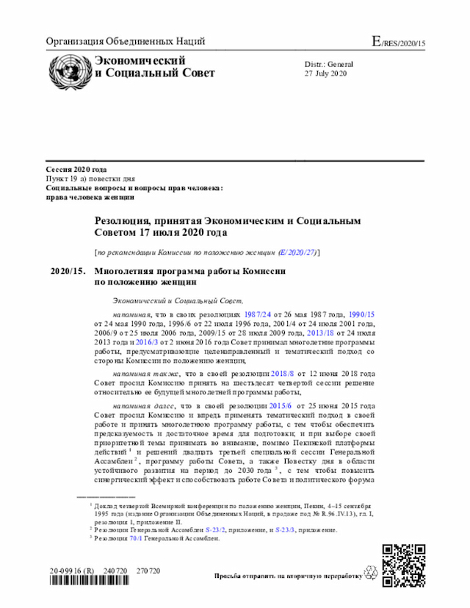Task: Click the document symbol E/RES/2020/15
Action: (399, 42)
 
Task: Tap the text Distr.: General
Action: (329, 65)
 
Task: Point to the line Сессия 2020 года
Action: (76, 170)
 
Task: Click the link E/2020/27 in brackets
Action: (297, 252)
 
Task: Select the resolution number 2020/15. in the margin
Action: (68, 272)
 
